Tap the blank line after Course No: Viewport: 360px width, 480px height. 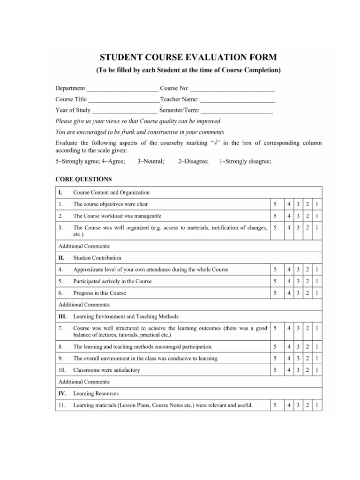(x=232, y=89)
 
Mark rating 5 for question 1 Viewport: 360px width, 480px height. (x=275, y=204)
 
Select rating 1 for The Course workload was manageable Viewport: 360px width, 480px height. (x=317, y=216)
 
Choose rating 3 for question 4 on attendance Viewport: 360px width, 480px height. (x=299, y=270)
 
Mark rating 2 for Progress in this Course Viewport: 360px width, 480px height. (x=308, y=293)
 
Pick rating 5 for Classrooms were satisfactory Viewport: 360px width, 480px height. (x=275, y=370)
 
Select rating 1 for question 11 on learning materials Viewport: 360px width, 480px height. (x=317, y=405)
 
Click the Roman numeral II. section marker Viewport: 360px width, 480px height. (x=61, y=258)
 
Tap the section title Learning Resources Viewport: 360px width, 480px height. (x=96, y=394)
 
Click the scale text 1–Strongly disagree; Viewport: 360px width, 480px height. (x=245, y=161)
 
